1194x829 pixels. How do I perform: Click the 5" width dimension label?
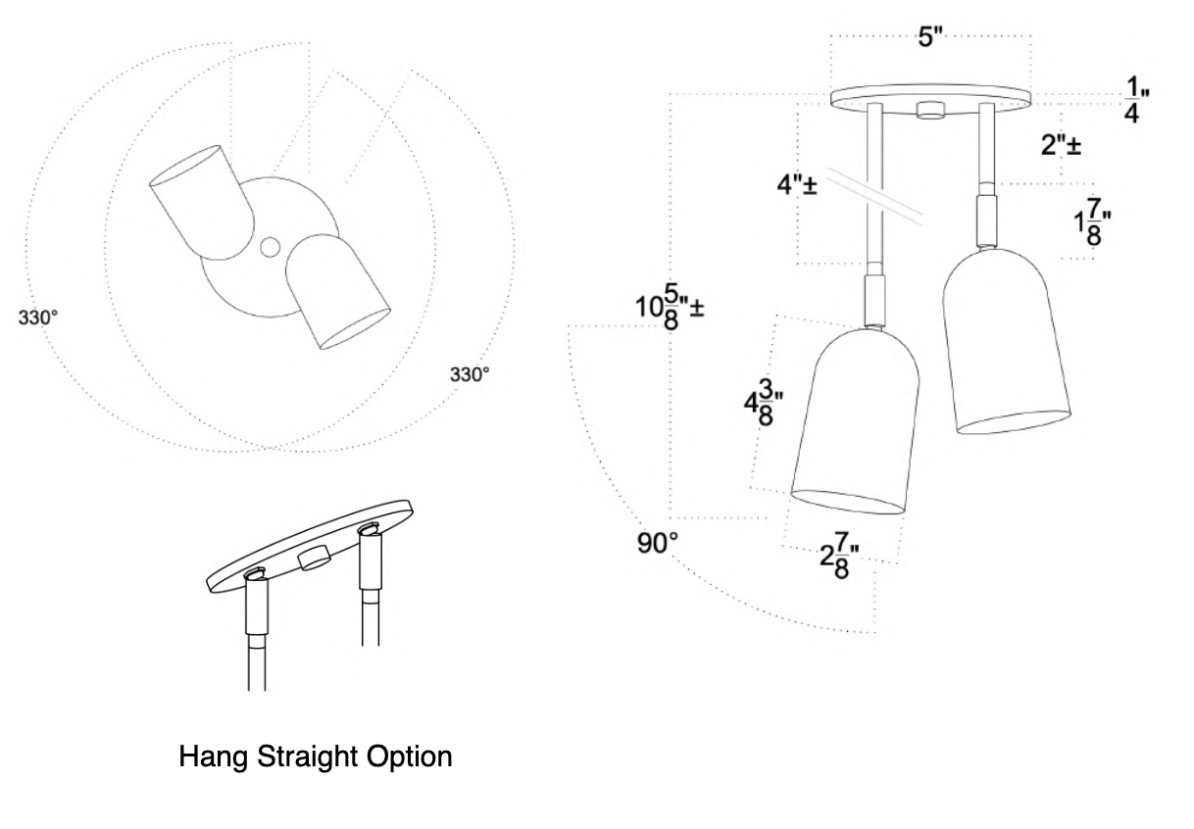(x=930, y=38)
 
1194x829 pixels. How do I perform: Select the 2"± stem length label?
(x=1061, y=145)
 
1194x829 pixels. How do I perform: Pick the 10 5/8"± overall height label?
(x=671, y=307)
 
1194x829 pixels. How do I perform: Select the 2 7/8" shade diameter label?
(x=834, y=563)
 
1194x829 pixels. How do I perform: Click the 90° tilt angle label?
(x=659, y=543)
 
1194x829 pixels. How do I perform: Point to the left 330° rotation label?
(x=39, y=317)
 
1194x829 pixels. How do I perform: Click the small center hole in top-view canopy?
(x=271, y=246)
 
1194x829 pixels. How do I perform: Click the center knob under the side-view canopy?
(x=929, y=110)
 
